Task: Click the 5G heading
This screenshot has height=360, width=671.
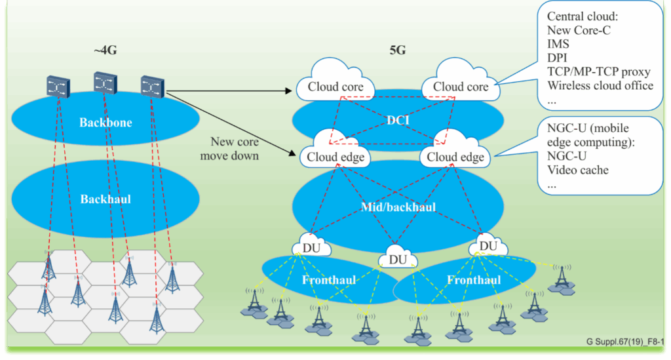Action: point(398,50)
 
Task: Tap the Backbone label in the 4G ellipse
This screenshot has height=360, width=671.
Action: point(105,122)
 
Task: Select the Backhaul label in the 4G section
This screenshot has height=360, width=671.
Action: point(105,199)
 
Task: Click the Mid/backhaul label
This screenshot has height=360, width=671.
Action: point(399,208)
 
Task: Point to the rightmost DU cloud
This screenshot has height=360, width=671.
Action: point(488,246)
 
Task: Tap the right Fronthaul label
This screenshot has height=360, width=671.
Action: point(473,280)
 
